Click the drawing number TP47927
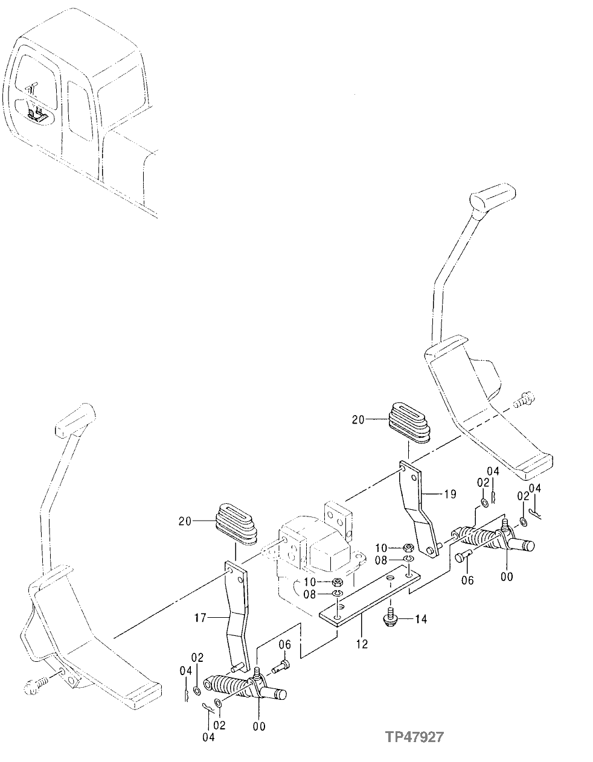tap(415, 737)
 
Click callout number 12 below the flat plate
tap(362, 644)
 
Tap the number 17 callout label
tap(201, 618)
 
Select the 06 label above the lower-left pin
tap(285, 645)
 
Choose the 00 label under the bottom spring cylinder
tap(259, 726)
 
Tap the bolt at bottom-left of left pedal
tap(35, 685)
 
